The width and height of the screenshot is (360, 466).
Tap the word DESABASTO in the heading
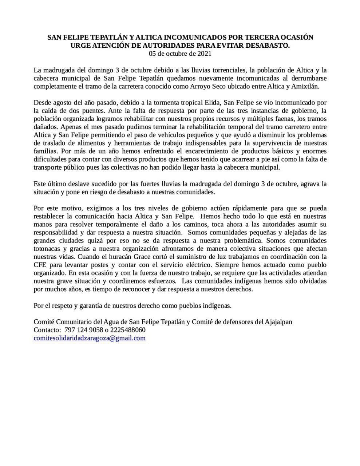[269, 46]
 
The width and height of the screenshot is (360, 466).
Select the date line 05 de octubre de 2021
[180, 54]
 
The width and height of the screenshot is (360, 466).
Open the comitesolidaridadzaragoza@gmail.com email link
[90, 338]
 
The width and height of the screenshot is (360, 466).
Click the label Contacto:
[47, 330]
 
